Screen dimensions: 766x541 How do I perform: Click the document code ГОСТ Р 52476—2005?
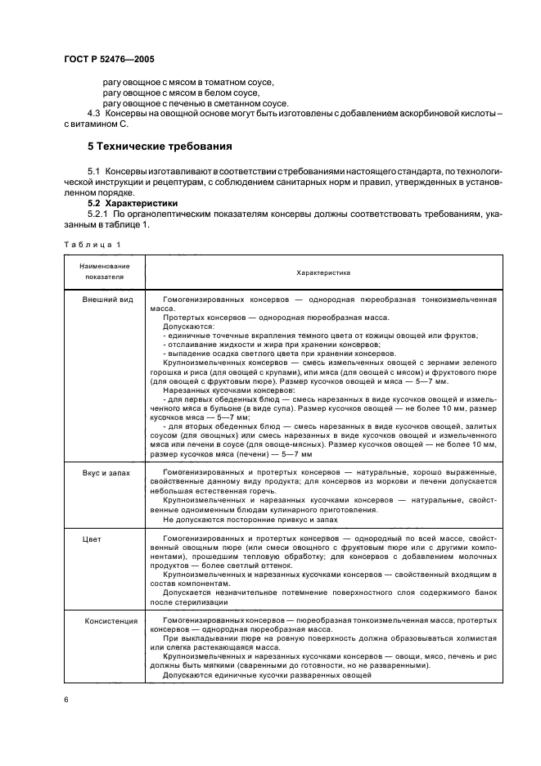[x=109, y=61]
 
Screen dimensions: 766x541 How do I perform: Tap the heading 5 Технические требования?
[x=159, y=146]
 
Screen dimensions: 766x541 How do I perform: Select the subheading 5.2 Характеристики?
[x=134, y=202]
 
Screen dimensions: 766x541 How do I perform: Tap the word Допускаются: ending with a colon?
[x=188, y=327]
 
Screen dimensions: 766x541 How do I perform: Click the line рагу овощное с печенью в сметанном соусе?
[x=195, y=103]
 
